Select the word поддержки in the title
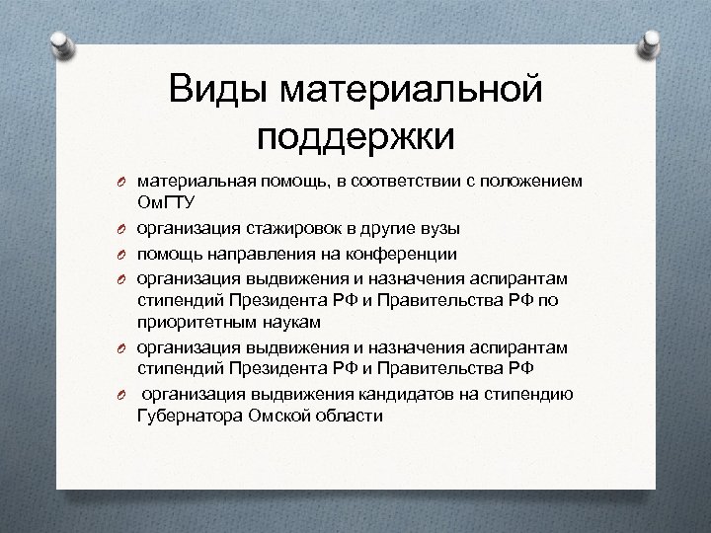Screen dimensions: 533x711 356,136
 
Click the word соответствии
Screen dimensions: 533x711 386,183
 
